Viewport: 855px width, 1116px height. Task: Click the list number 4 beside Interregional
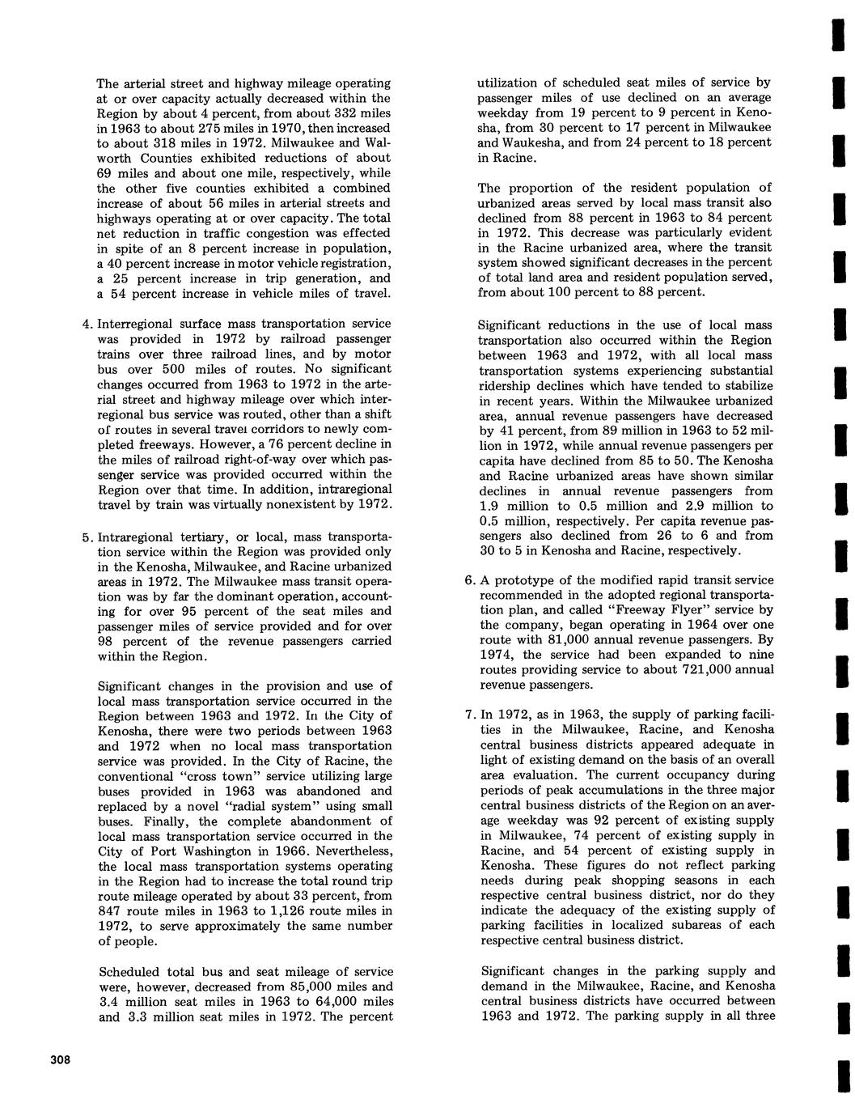[x=88, y=324]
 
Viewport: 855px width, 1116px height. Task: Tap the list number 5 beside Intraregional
[x=88, y=538]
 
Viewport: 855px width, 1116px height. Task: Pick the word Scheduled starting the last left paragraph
[x=129, y=972]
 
